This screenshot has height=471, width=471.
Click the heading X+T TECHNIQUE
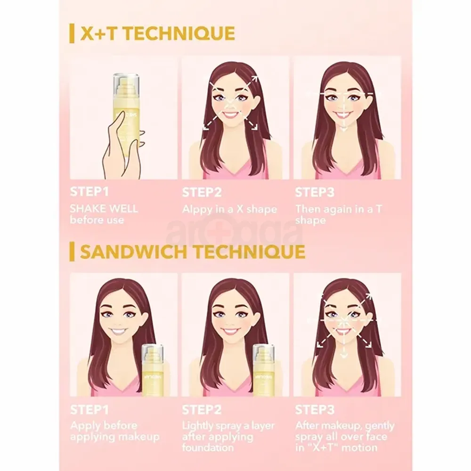[x=157, y=34]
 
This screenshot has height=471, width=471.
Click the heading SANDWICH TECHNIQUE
[x=192, y=252]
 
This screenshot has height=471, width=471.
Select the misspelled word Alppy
[x=197, y=210]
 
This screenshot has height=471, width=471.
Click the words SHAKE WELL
[x=104, y=209]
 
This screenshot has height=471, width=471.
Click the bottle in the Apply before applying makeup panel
[x=153, y=370]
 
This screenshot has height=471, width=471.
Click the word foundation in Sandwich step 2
[x=208, y=447]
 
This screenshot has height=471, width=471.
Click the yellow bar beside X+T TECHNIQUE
[x=72, y=34]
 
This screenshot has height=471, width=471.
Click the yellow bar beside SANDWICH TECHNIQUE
[x=72, y=252]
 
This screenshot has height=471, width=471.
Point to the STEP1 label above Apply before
[x=87, y=410]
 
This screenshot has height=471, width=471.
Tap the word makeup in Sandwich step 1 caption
[x=139, y=437]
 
